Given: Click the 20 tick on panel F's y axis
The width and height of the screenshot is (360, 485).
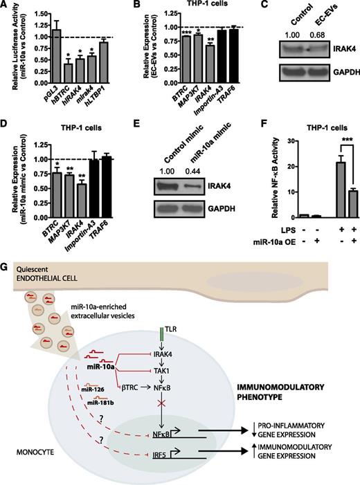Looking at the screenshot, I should point(277,180).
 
